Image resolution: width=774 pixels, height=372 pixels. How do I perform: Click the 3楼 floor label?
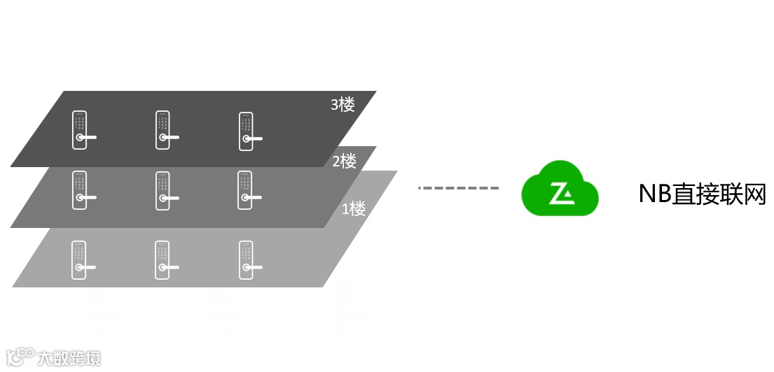click(343, 105)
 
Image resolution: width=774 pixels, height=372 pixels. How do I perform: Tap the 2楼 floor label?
click(344, 162)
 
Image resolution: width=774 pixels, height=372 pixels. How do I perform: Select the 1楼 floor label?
click(354, 208)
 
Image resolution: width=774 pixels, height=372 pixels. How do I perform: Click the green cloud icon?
click(560, 189)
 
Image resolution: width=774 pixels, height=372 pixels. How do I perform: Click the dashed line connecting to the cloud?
click(458, 188)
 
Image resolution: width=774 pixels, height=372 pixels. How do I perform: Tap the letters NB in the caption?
click(654, 194)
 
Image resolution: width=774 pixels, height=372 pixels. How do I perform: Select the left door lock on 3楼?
click(80, 130)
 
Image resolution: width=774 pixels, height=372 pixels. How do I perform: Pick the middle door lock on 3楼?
click(163, 130)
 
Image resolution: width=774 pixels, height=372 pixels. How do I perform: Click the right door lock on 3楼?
click(246, 131)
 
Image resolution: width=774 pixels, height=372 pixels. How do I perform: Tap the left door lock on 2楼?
click(80, 190)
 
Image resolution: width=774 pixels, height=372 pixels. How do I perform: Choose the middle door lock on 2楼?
click(163, 190)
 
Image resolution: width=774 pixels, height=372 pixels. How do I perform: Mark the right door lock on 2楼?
click(246, 190)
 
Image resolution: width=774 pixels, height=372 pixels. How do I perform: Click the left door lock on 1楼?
click(80, 259)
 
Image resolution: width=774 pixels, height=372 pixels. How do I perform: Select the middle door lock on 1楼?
click(163, 259)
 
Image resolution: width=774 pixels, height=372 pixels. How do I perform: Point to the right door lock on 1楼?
click(246, 259)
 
